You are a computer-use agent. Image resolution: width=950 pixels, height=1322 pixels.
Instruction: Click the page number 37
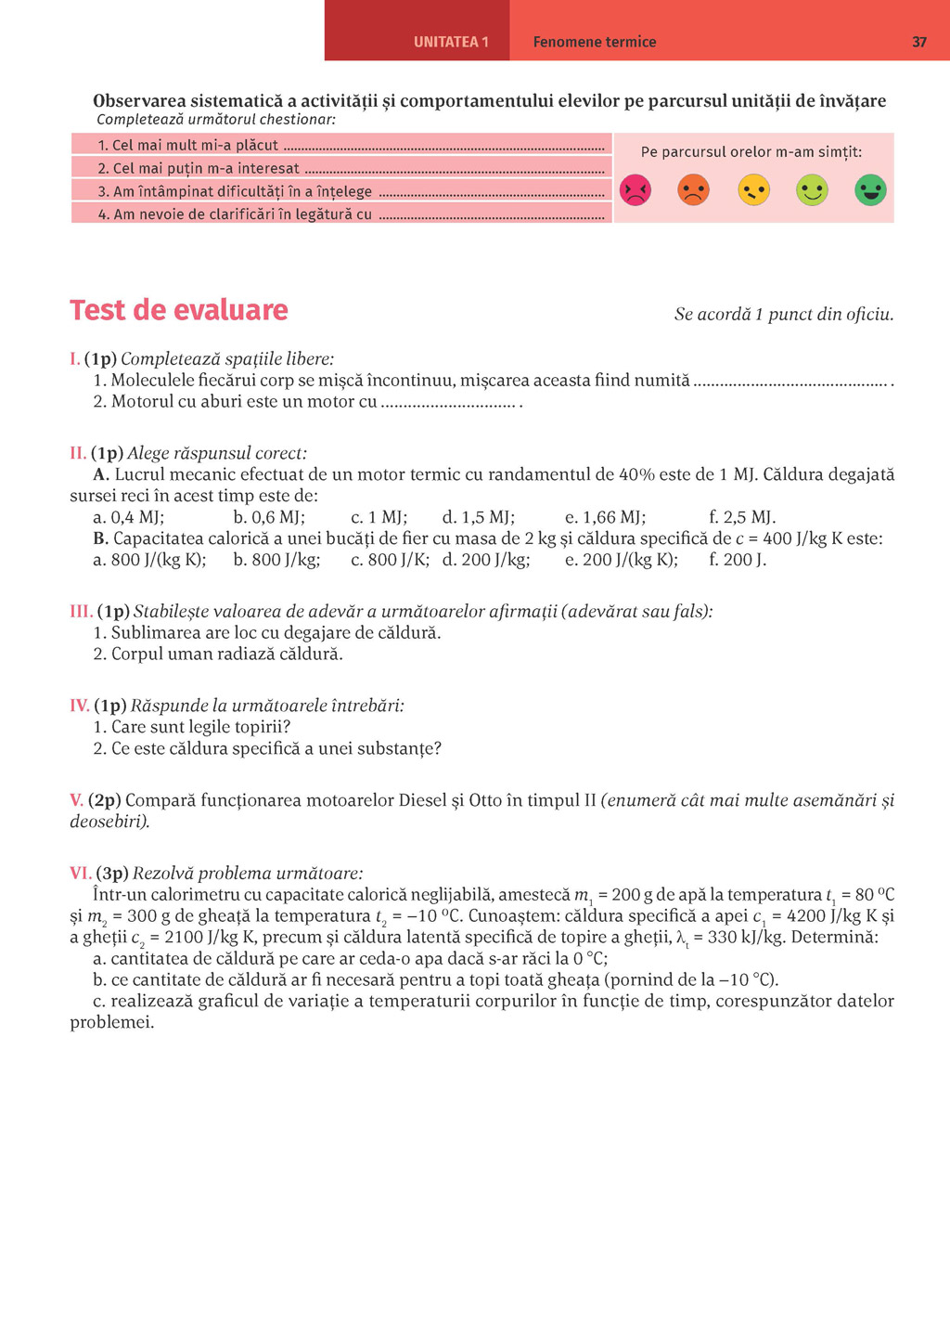918,42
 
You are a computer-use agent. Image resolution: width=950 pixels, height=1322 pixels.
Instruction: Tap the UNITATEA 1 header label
451,42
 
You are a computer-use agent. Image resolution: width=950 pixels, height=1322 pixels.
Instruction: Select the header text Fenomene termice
594,42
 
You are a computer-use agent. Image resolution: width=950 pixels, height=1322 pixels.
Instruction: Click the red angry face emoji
635,190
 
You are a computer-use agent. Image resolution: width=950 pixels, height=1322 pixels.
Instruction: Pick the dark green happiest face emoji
870,190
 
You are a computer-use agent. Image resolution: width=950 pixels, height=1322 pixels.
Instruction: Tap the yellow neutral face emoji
753,190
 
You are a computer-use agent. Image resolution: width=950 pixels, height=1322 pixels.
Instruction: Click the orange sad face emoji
694,190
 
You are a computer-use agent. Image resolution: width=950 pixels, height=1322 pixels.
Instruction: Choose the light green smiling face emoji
812,190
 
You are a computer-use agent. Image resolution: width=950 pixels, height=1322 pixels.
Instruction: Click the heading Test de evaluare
179,310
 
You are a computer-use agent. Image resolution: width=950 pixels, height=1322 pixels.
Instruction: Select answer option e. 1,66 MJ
605,517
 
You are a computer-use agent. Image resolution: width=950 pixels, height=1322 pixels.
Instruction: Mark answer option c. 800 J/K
390,560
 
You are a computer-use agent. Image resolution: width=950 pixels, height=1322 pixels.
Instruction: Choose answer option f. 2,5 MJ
742,517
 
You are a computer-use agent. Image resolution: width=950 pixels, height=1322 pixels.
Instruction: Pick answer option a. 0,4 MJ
128,517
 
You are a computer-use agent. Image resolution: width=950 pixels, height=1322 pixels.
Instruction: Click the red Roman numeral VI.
80,874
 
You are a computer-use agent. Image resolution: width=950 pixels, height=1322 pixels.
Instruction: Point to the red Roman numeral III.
81,612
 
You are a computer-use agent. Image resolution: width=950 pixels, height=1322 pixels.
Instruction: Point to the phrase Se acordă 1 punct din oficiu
784,315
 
